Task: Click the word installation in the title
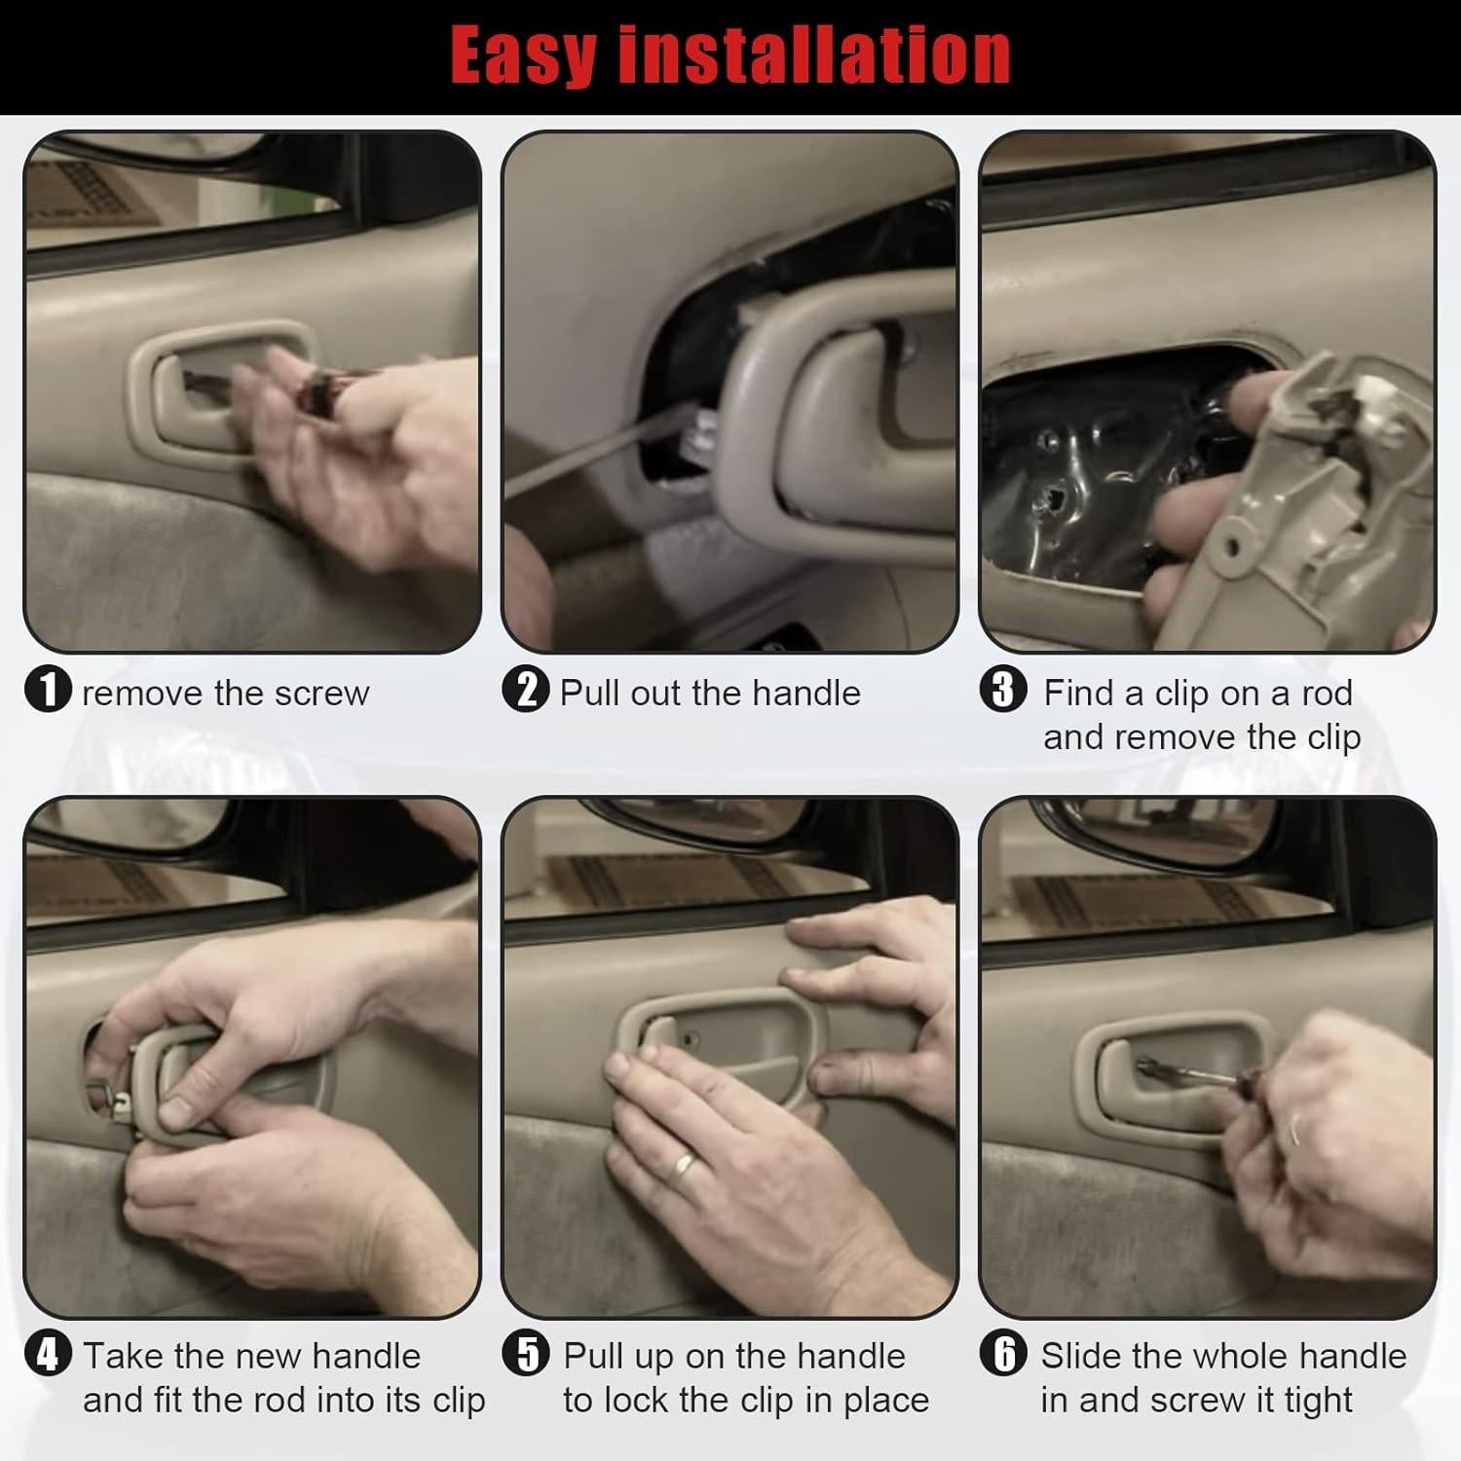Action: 815,56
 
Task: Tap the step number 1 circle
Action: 48,692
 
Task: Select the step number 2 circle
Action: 526,692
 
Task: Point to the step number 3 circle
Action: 1003,692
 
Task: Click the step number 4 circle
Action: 48,1355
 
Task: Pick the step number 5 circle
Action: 526,1355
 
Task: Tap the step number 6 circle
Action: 1003,1355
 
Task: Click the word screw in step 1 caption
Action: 321,693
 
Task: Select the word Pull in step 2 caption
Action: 590,693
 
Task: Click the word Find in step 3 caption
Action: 1078,693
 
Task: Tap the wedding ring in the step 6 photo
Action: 1297,1130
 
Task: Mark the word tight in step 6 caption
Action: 1318,1401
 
